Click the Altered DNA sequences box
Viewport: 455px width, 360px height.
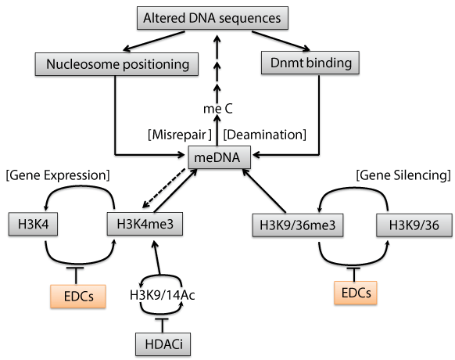[x=213, y=18]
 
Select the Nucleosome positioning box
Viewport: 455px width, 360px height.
[x=116, y=64]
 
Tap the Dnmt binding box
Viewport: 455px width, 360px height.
[x=310, y=63]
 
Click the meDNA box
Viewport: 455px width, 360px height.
[x=220, y=157]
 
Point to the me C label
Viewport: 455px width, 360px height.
[x=218, y=109]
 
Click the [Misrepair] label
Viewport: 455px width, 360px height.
[x=180, y=135]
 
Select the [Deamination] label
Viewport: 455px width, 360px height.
[x=265, y=135]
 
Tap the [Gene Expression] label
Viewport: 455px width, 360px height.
[x=58, y=175]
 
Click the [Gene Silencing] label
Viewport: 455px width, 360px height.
[x=403, y=175]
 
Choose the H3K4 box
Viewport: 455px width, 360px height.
[x=33, y=224]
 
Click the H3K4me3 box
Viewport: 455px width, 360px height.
[x=145, y=224]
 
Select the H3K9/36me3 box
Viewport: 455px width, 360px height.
[x=298, y=225]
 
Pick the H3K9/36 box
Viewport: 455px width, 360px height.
[x=414, y=225]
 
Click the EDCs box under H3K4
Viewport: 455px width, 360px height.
[x=77, y=296]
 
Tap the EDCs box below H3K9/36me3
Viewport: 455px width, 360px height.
[x=356, y=293]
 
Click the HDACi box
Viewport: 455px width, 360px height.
[x=163, y=344]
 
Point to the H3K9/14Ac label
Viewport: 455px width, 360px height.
[x=162, y=295]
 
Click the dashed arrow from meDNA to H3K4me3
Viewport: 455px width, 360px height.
[x=164, y=188]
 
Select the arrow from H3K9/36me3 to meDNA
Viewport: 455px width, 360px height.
[x=264, y=191]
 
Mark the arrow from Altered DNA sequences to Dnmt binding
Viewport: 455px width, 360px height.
[x=281, y=41]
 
